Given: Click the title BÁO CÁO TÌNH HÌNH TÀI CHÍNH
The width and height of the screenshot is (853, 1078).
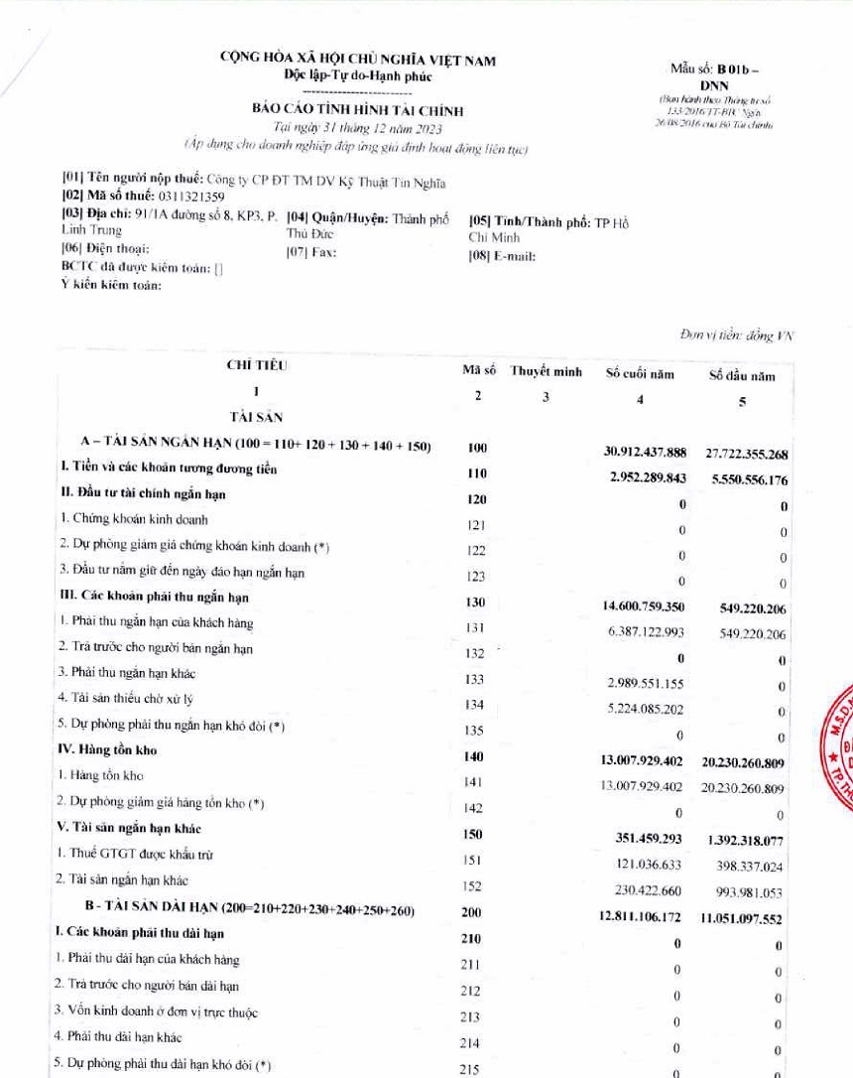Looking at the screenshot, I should click(357, 111).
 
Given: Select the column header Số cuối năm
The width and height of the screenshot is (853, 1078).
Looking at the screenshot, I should click(640, 374).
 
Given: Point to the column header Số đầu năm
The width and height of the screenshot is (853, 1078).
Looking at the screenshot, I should click(742, 375).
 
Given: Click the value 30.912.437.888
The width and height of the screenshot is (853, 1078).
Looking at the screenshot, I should click(646, 452).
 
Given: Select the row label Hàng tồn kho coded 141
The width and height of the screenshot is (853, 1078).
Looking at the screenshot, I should click(92, 774).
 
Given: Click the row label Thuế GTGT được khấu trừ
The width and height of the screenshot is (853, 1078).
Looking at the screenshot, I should click(135, 854).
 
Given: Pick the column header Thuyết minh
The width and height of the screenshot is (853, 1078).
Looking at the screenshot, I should click(546, 372).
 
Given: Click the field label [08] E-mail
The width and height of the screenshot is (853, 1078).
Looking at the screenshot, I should click(502, 256).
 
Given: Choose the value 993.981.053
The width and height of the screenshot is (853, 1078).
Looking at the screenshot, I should click(750, 891).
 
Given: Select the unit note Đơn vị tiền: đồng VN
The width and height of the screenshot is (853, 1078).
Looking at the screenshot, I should click(736, 336).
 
